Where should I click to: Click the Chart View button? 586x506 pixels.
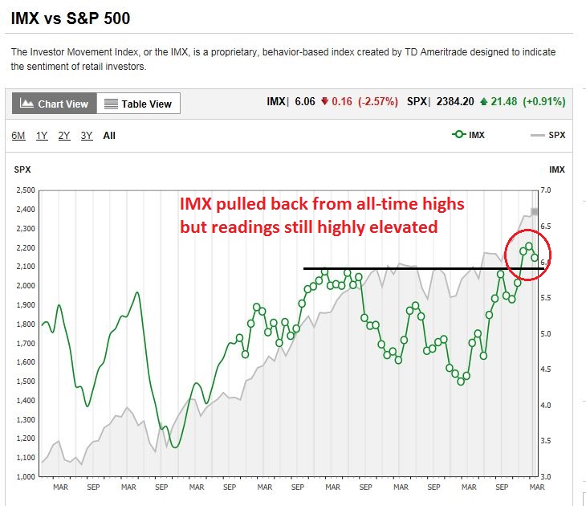pyautogui.click(x=55, y=104)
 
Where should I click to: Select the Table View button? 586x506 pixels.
pyautogui.click(x=139, y=104)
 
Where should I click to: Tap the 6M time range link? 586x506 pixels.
pyautogui.click(x=18, y=136)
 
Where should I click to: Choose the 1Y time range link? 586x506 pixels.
pyautogui.click(x=42, y=136)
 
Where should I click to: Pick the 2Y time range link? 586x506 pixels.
pyautogui.click(x=64, y=136)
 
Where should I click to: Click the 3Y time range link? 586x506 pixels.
pyautogui.click(x=87, y=136)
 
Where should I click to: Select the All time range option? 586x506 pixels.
pyautogui.click(x=109, y=136)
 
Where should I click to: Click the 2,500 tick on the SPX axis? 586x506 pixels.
pyautogui.click(x=26, y=190)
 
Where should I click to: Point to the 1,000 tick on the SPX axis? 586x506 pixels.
pyautogui.click(x=26, y=477)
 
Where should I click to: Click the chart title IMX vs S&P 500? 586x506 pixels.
pyautogui.click(x=71, y=18)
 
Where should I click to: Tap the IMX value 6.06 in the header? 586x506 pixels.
pyautogui.click(x=304, y=102)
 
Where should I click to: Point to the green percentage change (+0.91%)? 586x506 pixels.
pyautogui.click(x=543, y=102)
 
